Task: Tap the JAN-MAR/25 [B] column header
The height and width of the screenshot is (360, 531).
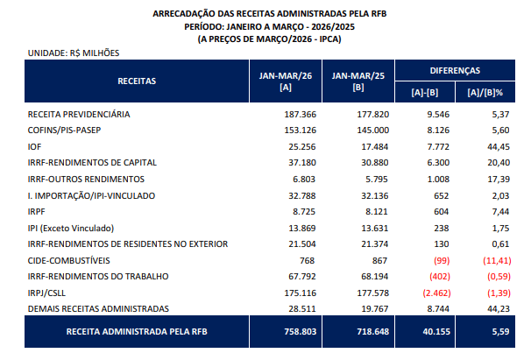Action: point(358,80)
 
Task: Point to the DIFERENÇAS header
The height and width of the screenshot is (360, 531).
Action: point(454,70)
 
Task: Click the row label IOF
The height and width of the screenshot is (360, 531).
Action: point(35,147)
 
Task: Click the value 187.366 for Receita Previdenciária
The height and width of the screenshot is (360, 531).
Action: point(300,115)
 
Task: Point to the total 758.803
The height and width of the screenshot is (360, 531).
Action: point(298,333)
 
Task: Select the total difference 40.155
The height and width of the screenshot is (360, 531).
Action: point(436,333)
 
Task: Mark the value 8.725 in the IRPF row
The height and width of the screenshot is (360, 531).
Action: point(304,212)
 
